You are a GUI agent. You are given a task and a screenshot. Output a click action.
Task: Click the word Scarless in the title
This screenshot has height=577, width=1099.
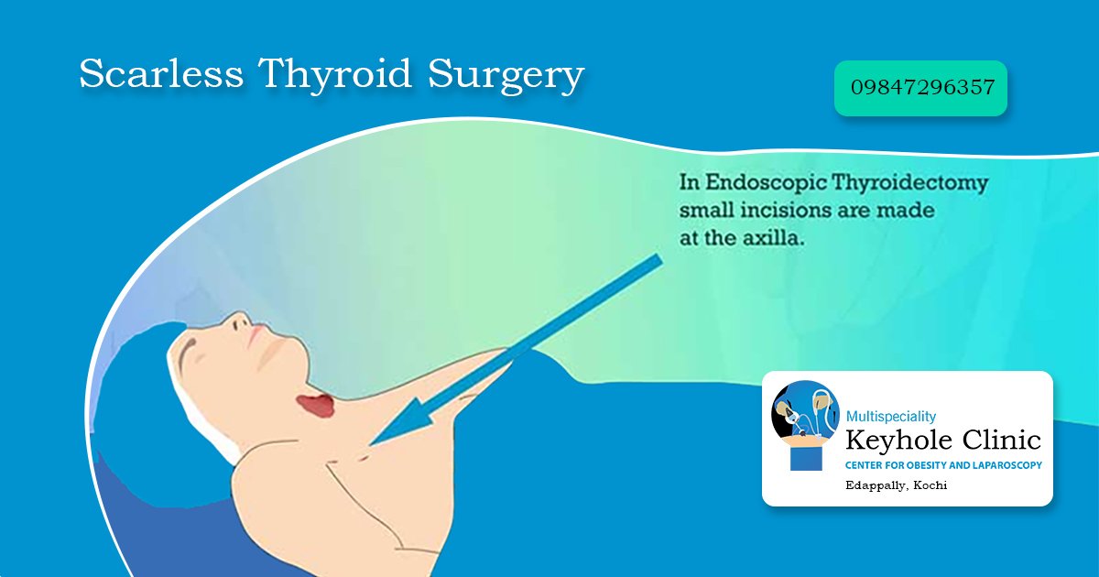pyautogui.click(x=161, y=74)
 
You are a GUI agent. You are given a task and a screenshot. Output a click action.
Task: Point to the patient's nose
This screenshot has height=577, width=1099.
pyautogui.click(x=240, y=323)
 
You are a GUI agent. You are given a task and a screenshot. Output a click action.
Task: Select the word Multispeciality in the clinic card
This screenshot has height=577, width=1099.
pyautogui.click(x=890, y=417)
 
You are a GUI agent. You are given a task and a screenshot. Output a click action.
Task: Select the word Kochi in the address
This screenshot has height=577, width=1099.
pyautogui.click(x=930, y=484)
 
